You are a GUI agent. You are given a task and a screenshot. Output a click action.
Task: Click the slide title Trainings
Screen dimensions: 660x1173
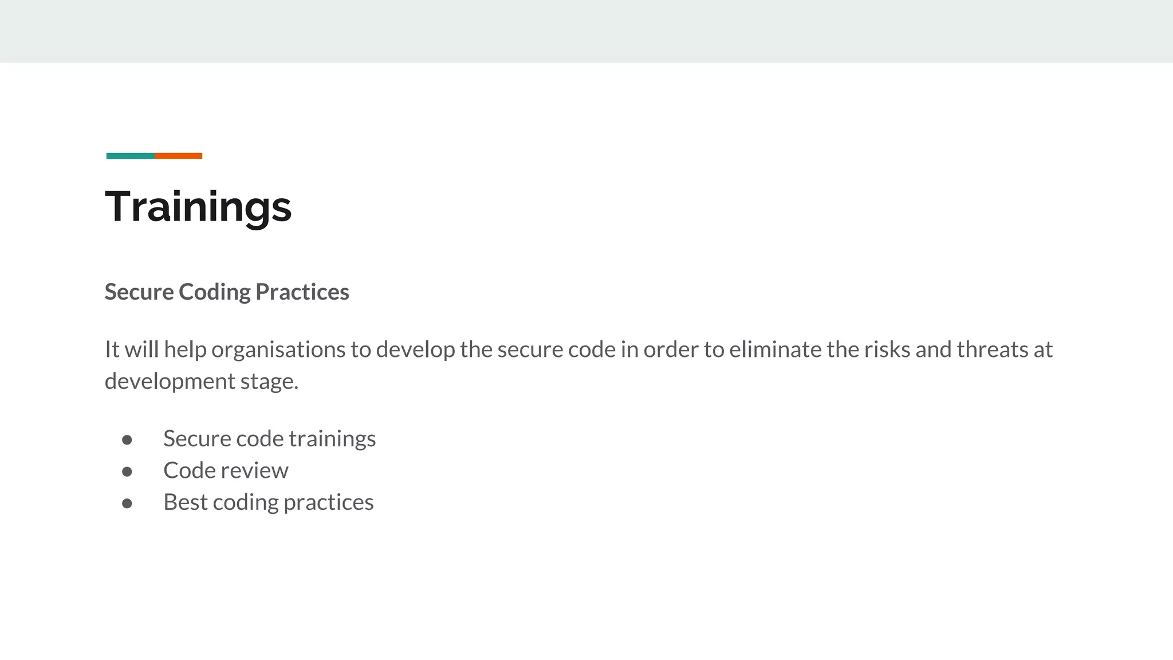click(198, 207)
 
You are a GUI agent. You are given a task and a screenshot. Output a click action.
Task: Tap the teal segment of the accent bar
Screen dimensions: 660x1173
click(130, 156)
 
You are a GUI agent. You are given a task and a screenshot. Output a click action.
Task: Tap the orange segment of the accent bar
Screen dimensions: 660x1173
click(178, 156)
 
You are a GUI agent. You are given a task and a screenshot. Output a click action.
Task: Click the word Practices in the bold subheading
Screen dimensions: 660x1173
click(302, 292)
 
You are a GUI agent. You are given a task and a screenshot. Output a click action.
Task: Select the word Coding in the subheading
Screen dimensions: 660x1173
click(214, 292)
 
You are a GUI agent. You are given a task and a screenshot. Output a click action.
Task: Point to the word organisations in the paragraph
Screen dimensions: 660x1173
click(278, 349)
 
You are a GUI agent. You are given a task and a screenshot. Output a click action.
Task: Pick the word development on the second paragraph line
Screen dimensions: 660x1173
click(170, 382)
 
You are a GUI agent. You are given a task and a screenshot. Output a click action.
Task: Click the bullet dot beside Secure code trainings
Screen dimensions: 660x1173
click(127, 440)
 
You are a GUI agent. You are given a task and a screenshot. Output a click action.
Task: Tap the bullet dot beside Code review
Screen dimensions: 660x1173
click(127, 472)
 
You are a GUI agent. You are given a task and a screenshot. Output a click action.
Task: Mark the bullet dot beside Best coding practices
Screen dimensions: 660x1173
click(127, 504)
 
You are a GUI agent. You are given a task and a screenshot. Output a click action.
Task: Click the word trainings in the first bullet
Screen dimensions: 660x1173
click(332, 439)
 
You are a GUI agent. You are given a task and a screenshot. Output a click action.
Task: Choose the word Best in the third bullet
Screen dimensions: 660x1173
click(185, 502)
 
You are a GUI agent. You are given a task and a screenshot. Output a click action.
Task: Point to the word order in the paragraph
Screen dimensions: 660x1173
click(671, 349)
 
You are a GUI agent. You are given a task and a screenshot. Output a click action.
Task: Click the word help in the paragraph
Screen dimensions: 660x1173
click(185, 349)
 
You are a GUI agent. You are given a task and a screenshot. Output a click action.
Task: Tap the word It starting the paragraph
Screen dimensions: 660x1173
click(112, 349)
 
